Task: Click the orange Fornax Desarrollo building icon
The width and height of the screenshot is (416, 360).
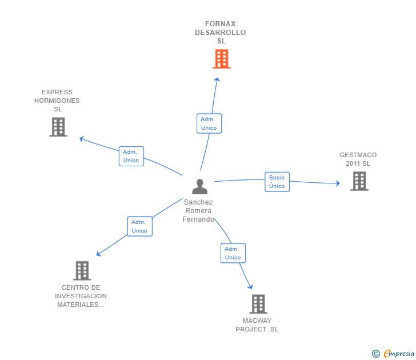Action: point(221,58)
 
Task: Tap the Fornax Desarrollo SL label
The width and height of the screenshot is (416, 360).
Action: point(221,33)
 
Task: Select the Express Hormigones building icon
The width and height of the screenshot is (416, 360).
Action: point(58,127)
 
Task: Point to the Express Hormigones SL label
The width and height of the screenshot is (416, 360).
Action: point(57,101)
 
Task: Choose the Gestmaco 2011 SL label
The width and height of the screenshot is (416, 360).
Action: point(358,159)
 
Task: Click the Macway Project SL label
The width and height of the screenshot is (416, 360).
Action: point(257,325)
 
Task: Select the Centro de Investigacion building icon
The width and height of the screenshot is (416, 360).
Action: point(82,270)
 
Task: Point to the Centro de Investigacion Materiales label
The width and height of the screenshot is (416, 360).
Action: point(81,296)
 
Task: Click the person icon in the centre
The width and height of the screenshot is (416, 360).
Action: point(199,186)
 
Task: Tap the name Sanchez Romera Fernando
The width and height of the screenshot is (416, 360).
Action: point(198,211)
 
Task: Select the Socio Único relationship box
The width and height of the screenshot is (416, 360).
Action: point(277,182)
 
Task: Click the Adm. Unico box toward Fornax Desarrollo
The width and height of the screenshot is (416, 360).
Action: point(209,123)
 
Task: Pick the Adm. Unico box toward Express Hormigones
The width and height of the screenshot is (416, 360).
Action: point(131,156)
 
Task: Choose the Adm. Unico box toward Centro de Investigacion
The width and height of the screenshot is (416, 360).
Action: point(139,226)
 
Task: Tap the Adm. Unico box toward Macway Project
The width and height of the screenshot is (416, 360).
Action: point(233,253)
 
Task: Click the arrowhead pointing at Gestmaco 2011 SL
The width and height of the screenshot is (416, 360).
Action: point(337,183)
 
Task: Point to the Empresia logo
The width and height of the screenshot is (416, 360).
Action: point(398,353)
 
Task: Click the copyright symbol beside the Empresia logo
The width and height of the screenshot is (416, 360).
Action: point(375,354)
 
